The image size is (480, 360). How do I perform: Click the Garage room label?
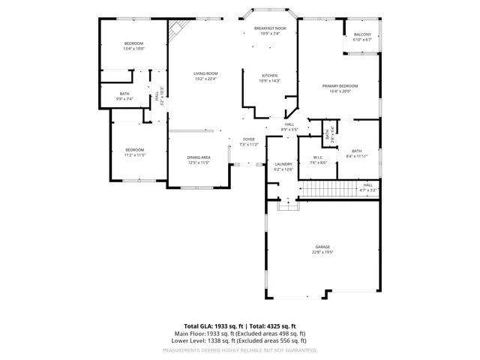[x=322, y=250]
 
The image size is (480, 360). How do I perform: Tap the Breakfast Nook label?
[x=270, y=31]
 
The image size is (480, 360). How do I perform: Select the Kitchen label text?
[x=270, y=78]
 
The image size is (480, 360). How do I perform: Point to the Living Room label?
[x=205, y=76]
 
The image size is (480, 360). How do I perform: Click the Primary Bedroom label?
[x=340, y=88]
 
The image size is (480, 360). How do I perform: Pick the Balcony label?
[x=362, y=37]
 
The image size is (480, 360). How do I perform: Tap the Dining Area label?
[x=199, y=160]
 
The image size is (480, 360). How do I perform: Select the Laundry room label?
[x=283, y=166]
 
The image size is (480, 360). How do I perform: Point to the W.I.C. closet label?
[x=318, y=160]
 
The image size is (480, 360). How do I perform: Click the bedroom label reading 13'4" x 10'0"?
[x=134, y=46]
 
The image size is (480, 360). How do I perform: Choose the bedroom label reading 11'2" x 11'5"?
[x=135, y=152]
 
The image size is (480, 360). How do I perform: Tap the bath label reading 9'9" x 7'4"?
[x=124, y=96]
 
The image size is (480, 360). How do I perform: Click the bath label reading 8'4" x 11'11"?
[x=356, y=153]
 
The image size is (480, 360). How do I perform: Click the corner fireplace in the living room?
[x=176, y=31]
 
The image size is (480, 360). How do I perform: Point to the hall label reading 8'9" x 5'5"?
[x=289, y=127]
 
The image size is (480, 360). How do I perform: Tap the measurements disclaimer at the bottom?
[x=240, y=349]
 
